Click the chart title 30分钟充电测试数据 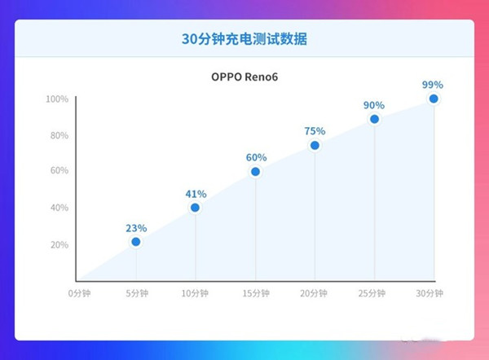pos(244,38)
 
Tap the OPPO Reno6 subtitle pos(244,78)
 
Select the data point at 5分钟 pos(136,242)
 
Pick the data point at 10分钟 pos(196,208)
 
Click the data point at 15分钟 pos(255,172)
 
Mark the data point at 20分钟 pos(315,146)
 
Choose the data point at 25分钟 pos(374,119)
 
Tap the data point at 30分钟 pos(434,99)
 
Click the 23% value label pos(136,228)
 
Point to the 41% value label pos(196,194)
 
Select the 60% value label pos(255,158)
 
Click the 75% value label pos(315,131)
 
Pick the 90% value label pos(374,105)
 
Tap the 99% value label pos(434,85)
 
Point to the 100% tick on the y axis pos(56,99)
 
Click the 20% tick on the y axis pos(59,244)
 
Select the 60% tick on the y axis pos(59,171)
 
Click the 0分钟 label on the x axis pos(79,292)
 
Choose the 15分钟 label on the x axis pos(255,292)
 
